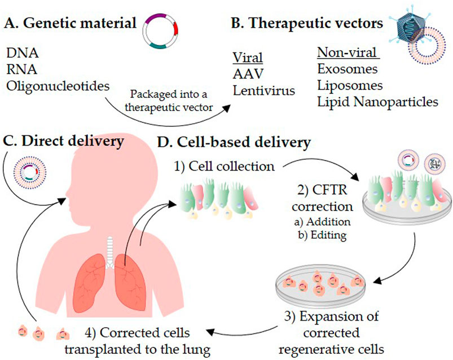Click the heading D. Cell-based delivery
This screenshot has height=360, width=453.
[x=234, y=143]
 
